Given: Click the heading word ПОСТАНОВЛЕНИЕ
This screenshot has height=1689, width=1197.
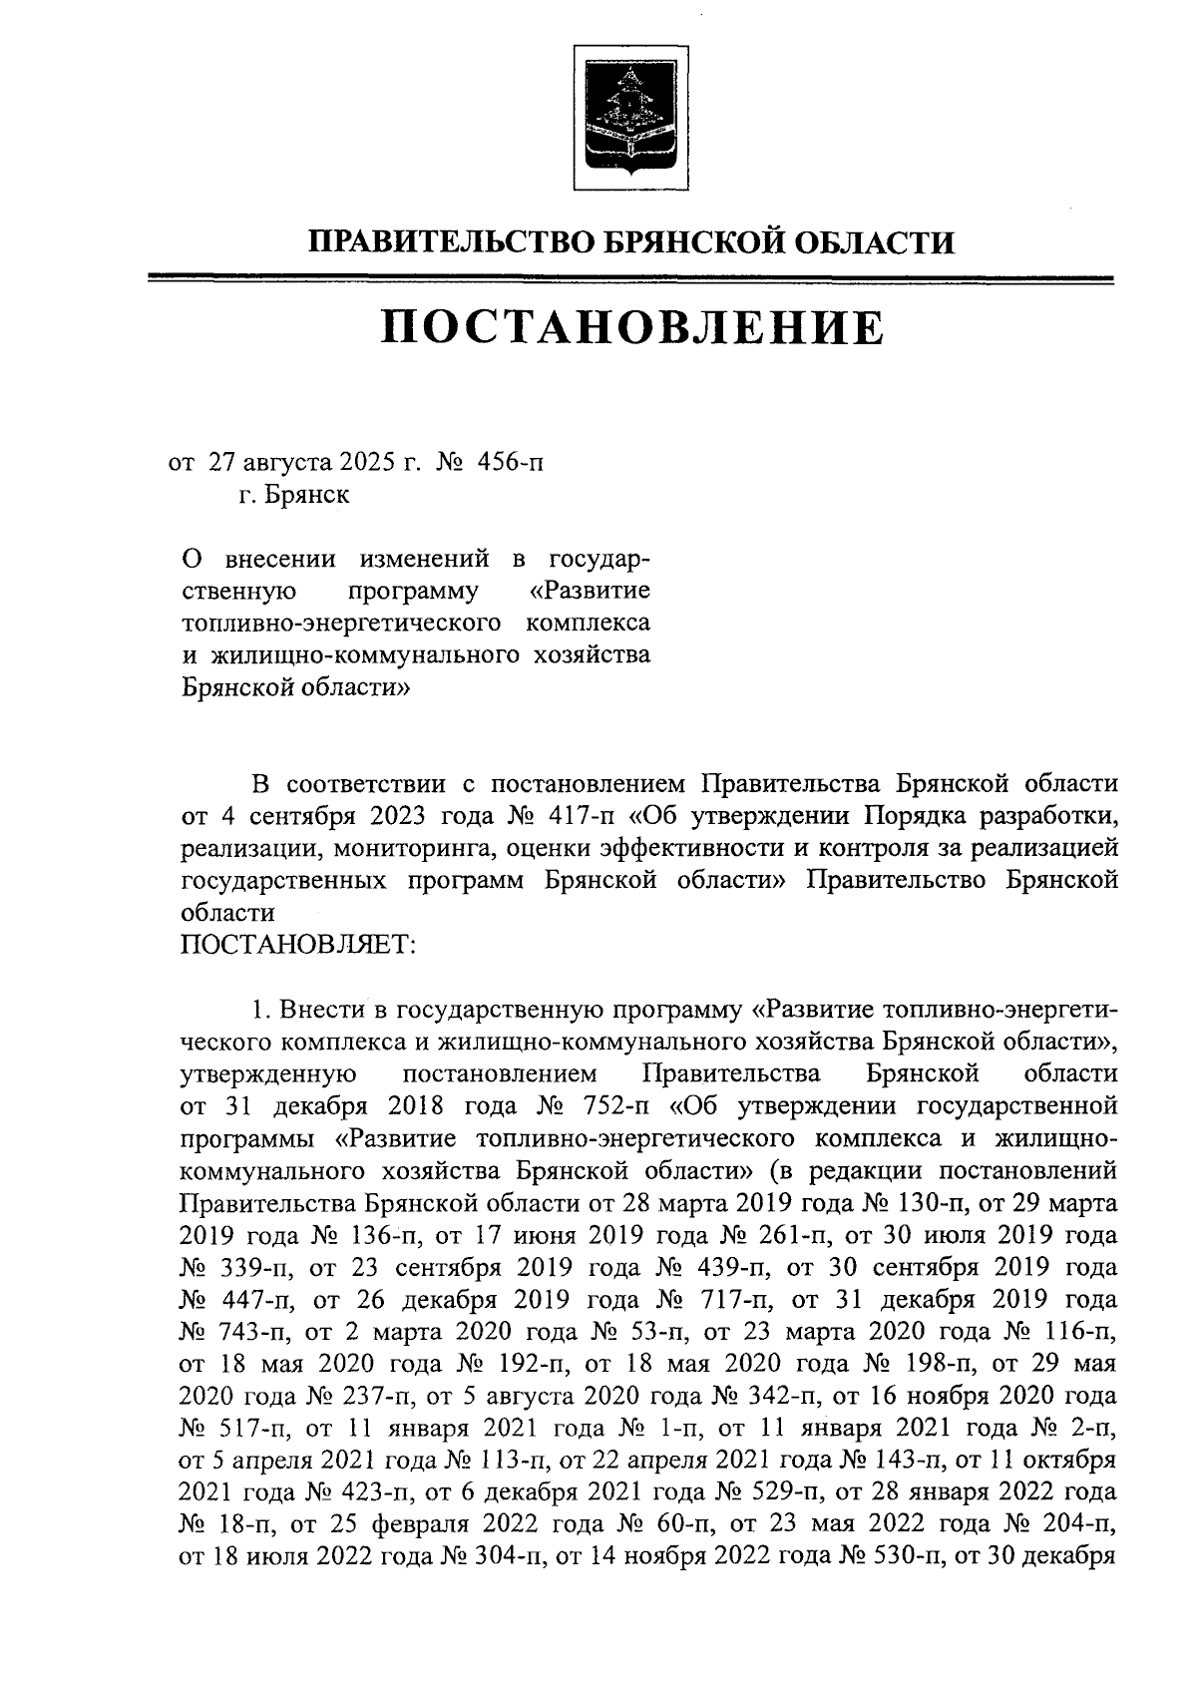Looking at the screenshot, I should tap(632, 326).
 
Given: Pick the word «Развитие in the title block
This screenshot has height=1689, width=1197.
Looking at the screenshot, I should tap(590, 590).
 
